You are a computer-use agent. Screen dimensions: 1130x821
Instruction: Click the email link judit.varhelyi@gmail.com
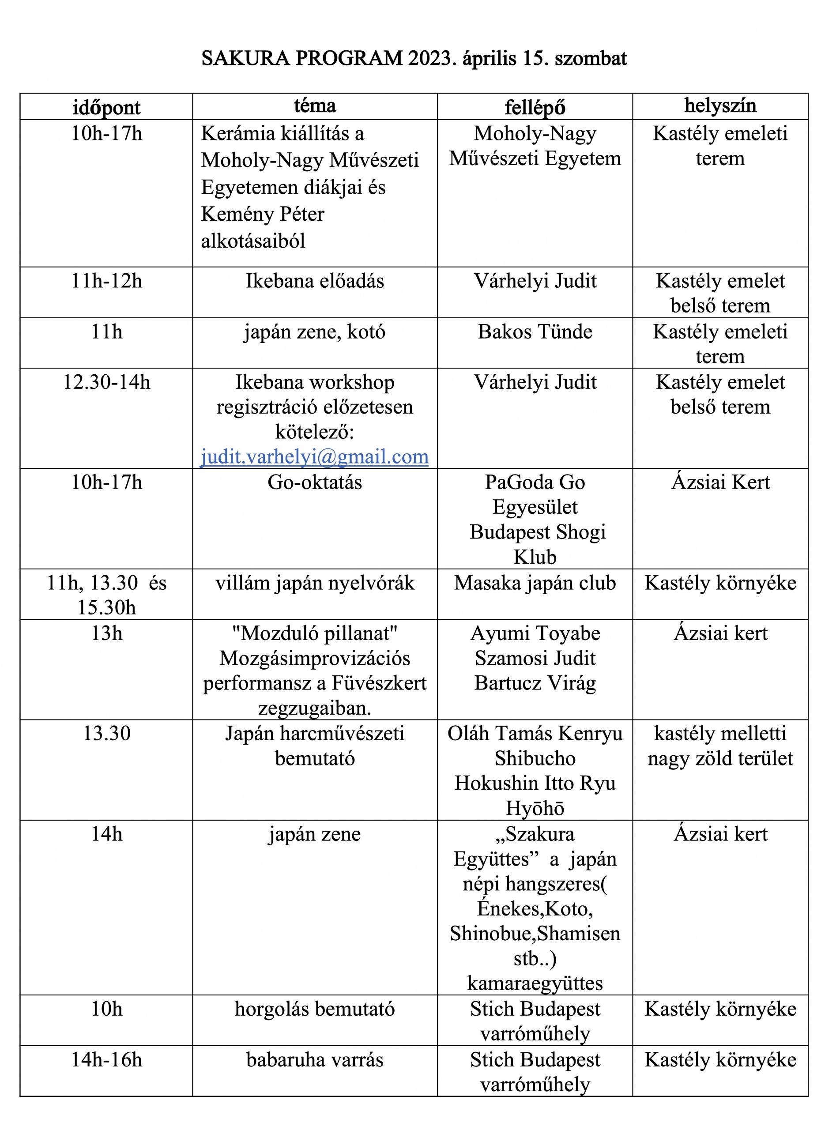coord(314,456)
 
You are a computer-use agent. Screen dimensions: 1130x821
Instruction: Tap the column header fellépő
coord(535,107)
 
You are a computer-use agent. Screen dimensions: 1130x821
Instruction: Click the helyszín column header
coord(720,105)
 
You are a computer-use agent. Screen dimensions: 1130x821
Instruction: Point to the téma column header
coord(315,105)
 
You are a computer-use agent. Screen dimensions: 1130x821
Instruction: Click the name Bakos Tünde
coord(535,332)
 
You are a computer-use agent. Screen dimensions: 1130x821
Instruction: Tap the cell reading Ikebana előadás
coord(315,281)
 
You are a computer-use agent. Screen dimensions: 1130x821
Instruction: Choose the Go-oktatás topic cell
coord(315,482)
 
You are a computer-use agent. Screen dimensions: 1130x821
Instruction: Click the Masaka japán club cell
coord(535,583)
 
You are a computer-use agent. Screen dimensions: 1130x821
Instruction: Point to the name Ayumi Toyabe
coord(535,633)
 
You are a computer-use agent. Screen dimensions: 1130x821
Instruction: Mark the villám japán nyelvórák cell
coord(315,583)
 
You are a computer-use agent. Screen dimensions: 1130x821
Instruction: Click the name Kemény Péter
coord(263,214)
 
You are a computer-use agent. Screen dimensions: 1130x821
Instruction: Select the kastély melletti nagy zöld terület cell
coord(720,746)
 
